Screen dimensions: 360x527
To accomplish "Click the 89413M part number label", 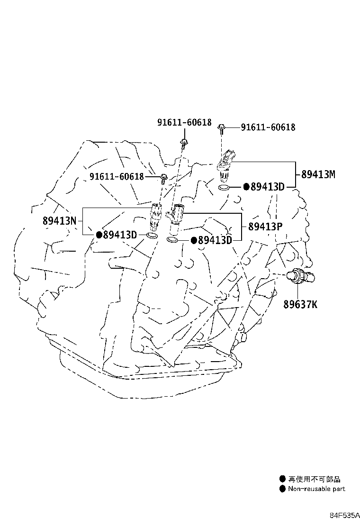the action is click(318, 174).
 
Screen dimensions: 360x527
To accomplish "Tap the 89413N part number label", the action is click(59, 221).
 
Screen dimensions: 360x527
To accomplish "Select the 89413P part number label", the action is click(265, 227).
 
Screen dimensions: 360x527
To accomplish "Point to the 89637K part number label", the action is click(300, 305).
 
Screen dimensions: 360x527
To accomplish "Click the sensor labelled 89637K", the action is click(300, 276).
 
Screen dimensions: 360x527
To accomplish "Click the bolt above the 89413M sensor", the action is click(222, 128).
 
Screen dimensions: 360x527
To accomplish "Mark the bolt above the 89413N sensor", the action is click(163, 178).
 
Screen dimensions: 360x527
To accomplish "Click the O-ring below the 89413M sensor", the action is click(224, 187).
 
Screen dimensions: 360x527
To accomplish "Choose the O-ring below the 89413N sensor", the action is click(152, 235).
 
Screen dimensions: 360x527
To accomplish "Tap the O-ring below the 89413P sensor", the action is click(172, 240).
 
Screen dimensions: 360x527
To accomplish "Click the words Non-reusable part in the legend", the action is click(316, 489).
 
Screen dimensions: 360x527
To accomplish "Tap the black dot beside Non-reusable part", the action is click(282, 489).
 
